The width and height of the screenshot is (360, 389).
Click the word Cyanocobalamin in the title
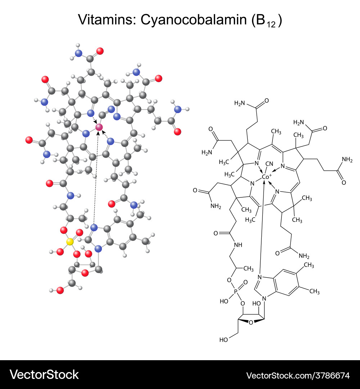191,20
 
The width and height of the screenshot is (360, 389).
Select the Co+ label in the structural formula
267,176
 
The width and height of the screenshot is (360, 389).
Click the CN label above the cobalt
269,164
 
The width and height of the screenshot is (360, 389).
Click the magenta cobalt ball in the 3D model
99,127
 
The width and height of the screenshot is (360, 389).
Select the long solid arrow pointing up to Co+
262,231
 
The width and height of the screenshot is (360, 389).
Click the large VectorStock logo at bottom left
44,375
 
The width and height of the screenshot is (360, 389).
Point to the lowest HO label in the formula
224,339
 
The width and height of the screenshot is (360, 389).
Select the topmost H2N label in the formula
240,103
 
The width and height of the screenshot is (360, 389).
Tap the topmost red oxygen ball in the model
100,51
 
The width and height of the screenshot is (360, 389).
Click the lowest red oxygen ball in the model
60,290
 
